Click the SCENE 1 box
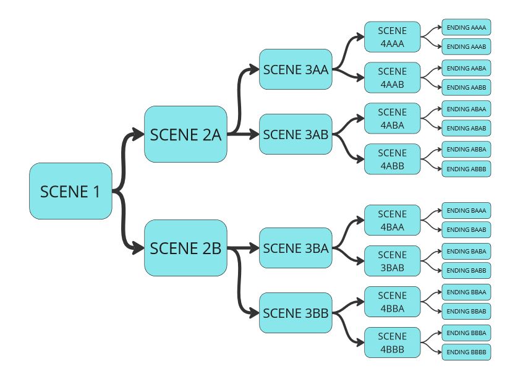click(x=70, y=191)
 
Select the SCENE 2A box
click(x=185, y=134)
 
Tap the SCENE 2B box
click(x=185, y=248)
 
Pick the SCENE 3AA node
click(x=296, y=69)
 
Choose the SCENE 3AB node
click(x=296, y=134)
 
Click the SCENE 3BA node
click(x=296, y=248)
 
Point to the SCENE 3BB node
click(x=296, y=313)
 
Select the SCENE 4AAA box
click(x=392, y=37)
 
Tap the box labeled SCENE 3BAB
click(x=392, y=261)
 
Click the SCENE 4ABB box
click(x=392, y=160)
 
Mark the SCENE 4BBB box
click(x=392, y=343)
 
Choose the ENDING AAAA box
click(x=466, y=28)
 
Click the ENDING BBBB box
click(x=466, y=352)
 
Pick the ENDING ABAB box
click(x=466, y=128)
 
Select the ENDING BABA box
click(x=466, y=251)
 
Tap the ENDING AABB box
click(x=466, y=87)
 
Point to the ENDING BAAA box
click(x=466, y=211)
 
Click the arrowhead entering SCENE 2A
click(x=140, y=134)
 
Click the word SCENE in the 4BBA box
click(x=392, y=296)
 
